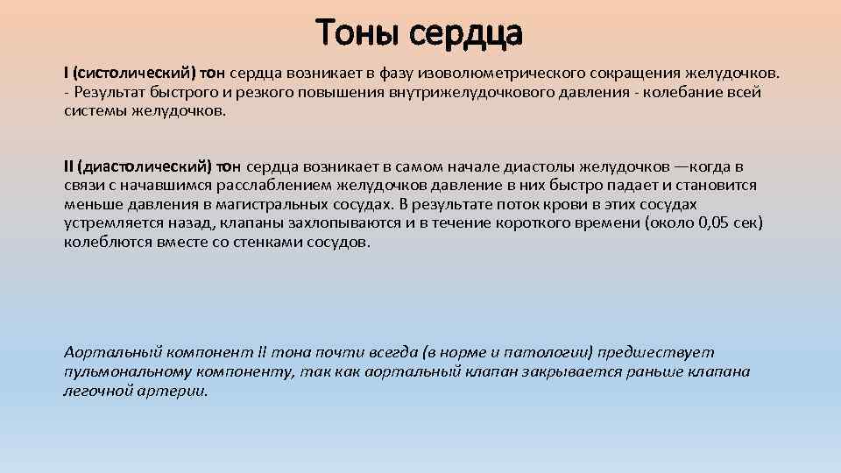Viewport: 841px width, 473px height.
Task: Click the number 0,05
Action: [708, 223]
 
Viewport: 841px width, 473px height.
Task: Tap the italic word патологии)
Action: [551, 352]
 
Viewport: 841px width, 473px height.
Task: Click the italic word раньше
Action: [649, 371]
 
